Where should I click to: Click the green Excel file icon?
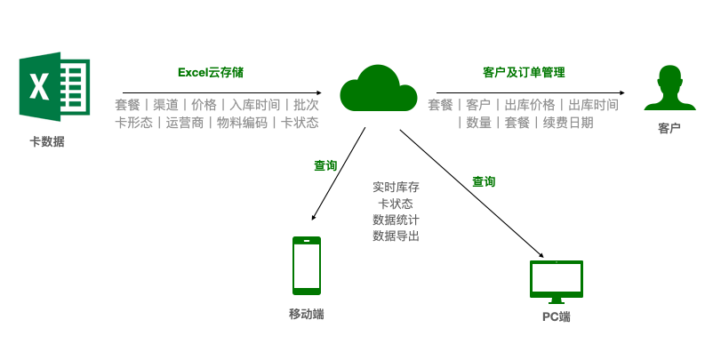(x=54, y=86)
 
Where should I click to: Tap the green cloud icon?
(x=378, y=90)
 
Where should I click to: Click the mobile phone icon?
(x=307, y=265)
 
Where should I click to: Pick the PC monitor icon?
(x=557, y=281)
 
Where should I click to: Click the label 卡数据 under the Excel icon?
(x=47, y=141)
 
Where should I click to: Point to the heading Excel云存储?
(x=211, y=73)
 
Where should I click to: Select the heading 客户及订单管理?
(x=524, y=73)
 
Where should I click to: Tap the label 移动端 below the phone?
(x=307, y=314)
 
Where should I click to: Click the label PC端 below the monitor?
(x=557, y=316)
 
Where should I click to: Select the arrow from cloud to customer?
(x=530, y=92)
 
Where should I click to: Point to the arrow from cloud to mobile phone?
(x=339, y=174)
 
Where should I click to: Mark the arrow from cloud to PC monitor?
(x=471, y=194)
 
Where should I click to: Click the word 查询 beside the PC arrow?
(x=484, y=181)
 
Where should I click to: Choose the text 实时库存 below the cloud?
(x=396, y=188)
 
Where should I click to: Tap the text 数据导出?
(x=396, y=236)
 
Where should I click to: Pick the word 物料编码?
(x=242, y=123)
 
